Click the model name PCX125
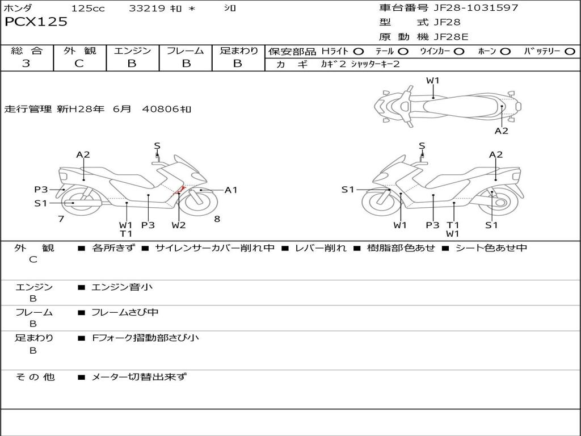click(36, 22)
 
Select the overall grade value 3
click(26, 64)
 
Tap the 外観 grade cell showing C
click(79, 64)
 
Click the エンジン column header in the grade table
click(132, 51)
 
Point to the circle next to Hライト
click(359, 51)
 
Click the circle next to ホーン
click(506, 51)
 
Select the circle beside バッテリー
click(570, 51)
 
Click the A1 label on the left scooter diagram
click(231, 190)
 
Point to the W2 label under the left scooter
click(179, 225)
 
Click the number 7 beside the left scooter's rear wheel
click(61, 219)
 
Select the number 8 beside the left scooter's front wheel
click(217, 219)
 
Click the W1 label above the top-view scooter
click(433, 81)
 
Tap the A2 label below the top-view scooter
click(502, 131)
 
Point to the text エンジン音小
click(122, 287)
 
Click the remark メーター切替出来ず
click(139, 377)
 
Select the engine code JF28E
click(451, 37)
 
